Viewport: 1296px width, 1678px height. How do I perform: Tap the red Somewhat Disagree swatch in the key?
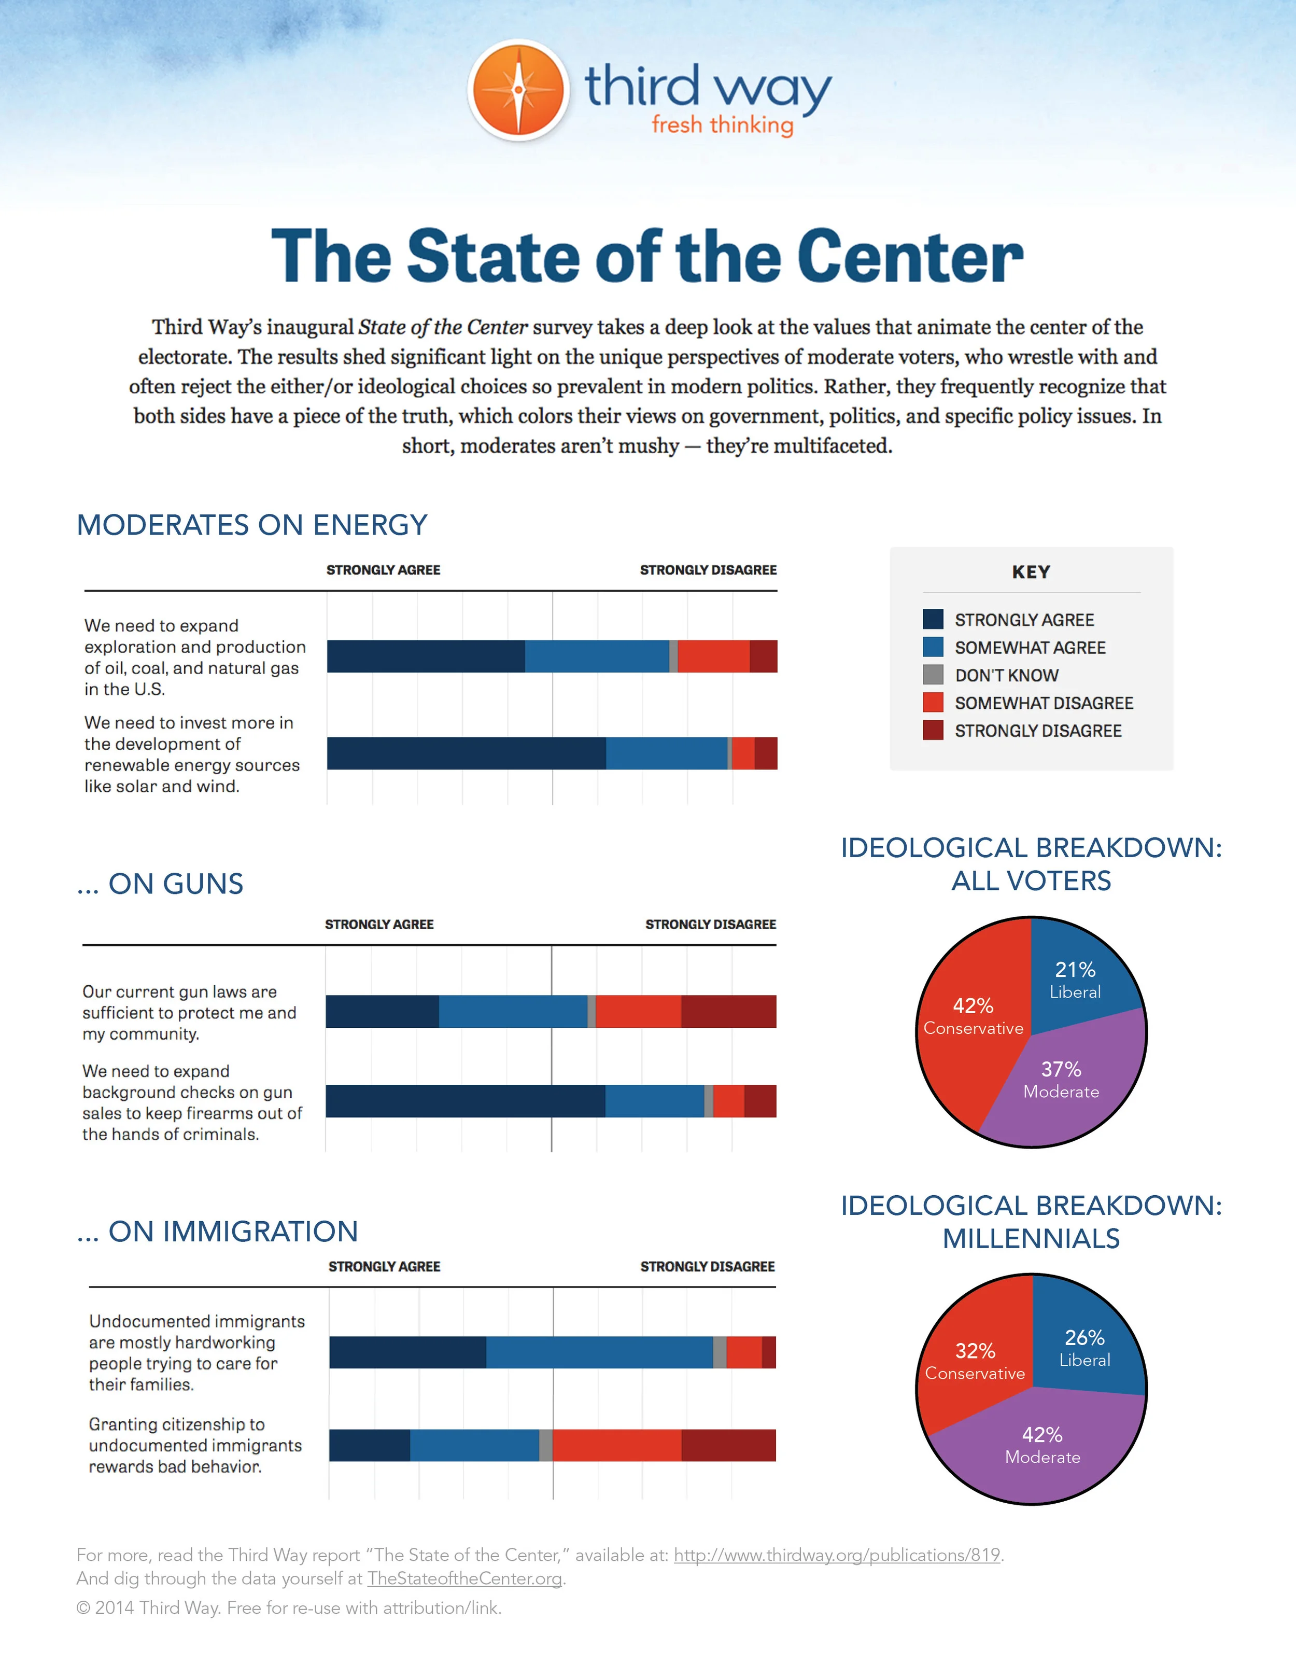[x=933, y=702]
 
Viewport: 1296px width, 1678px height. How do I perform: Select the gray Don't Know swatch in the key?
[x=933, y=675]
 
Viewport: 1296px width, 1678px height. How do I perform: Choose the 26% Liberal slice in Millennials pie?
[x=1084, y=1348]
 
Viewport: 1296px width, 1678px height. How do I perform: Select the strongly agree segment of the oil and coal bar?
[x=426, y=656]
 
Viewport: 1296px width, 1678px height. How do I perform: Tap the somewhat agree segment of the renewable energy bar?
[x=666, y=753]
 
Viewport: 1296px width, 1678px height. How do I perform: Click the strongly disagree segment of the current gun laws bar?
[x=728, y=1011]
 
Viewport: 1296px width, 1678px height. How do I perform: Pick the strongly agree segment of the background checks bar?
[x=465, y=1101]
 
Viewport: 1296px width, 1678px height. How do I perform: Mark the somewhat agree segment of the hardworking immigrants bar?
[x=599, y=1352]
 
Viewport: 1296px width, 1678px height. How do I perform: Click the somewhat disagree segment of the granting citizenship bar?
[x=616, y=1445]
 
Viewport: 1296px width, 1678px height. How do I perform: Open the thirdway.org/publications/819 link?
[x=837, y=1555]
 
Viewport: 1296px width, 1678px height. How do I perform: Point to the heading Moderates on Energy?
[x=252, y=525]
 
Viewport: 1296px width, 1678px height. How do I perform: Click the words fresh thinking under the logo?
[x=722, y=124]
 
